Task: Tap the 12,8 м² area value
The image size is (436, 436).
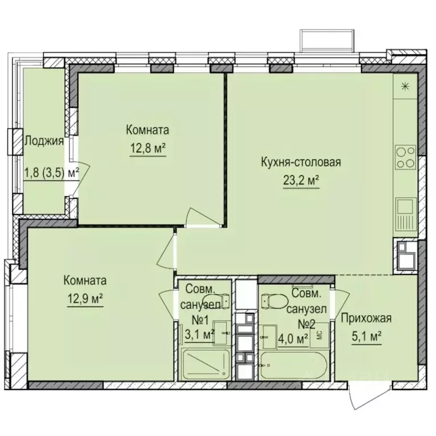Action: [148, 149]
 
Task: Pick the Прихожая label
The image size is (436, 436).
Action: [367, 318]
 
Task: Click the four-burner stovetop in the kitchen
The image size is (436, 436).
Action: [406, 157]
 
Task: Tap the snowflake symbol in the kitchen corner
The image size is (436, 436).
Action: [405, 86]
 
